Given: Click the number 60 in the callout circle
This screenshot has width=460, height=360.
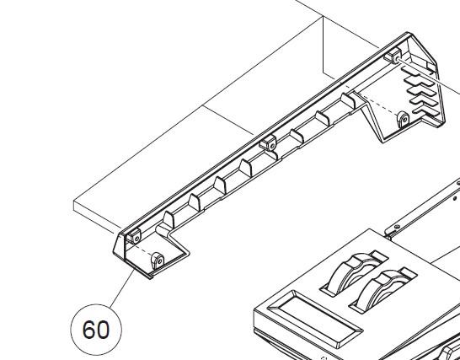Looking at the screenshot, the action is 96,330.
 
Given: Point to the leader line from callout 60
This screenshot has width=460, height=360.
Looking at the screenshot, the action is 121,289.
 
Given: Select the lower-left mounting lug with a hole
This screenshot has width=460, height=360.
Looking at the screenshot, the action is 158,261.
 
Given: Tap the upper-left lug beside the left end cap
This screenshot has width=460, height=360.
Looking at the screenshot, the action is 133,236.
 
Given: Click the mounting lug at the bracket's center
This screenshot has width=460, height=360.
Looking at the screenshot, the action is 268,142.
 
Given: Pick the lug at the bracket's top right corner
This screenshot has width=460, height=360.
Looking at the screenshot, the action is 393,56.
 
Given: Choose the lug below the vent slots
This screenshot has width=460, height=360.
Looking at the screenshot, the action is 403,120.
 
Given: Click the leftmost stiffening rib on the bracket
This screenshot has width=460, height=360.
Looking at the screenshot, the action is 168,219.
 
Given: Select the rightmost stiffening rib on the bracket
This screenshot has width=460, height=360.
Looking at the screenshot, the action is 348,101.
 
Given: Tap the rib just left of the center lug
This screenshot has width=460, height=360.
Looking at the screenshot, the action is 245,168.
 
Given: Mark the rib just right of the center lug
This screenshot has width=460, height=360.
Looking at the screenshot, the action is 297,137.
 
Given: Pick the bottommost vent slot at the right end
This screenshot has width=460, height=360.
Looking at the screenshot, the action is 425,111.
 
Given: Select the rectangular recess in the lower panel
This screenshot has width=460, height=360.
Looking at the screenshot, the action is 315,319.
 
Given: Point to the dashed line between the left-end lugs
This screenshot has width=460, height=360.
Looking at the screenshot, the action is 143,250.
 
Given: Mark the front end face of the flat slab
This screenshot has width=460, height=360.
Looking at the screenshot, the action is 98,218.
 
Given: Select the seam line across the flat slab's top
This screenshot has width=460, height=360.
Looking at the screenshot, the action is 228,120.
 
